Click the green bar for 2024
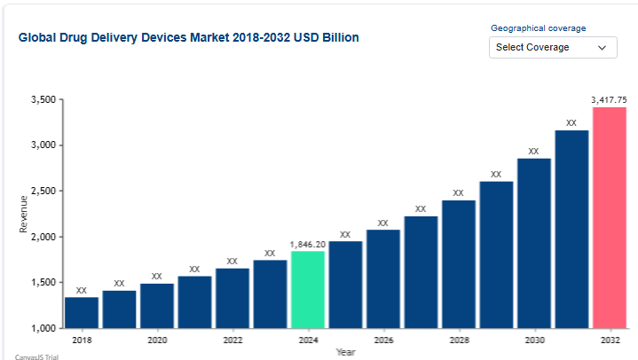pos(307,290)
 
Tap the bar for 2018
pos(82,312)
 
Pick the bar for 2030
pos(533,243)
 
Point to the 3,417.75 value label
pos(610,100)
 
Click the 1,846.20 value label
pos(307,244)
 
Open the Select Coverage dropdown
pos(552,47)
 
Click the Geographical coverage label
pos(537,28)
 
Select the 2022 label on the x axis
pos(232,340)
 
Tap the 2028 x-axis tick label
pos(459,340)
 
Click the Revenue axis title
pos(24,214)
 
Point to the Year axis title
pos(346,352)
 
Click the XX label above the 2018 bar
pos(82,290)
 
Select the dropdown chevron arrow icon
pos(603,47)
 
